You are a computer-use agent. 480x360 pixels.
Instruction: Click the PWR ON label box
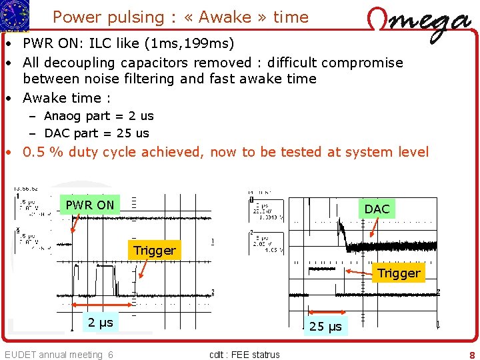90,205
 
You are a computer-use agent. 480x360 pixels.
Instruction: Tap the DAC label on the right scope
377,209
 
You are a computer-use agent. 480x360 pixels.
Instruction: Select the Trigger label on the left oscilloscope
155,251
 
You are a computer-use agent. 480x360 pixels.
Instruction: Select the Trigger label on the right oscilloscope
399,273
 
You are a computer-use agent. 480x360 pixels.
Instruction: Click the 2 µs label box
101,323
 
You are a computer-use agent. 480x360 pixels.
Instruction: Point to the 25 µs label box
325,326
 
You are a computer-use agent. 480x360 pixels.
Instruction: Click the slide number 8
471,355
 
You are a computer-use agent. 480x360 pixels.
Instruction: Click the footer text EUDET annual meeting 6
59,355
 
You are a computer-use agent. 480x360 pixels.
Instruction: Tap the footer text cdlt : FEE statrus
245,355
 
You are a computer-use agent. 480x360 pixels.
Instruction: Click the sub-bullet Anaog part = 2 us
99,116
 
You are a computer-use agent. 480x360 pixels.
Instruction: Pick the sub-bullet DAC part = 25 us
97,133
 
